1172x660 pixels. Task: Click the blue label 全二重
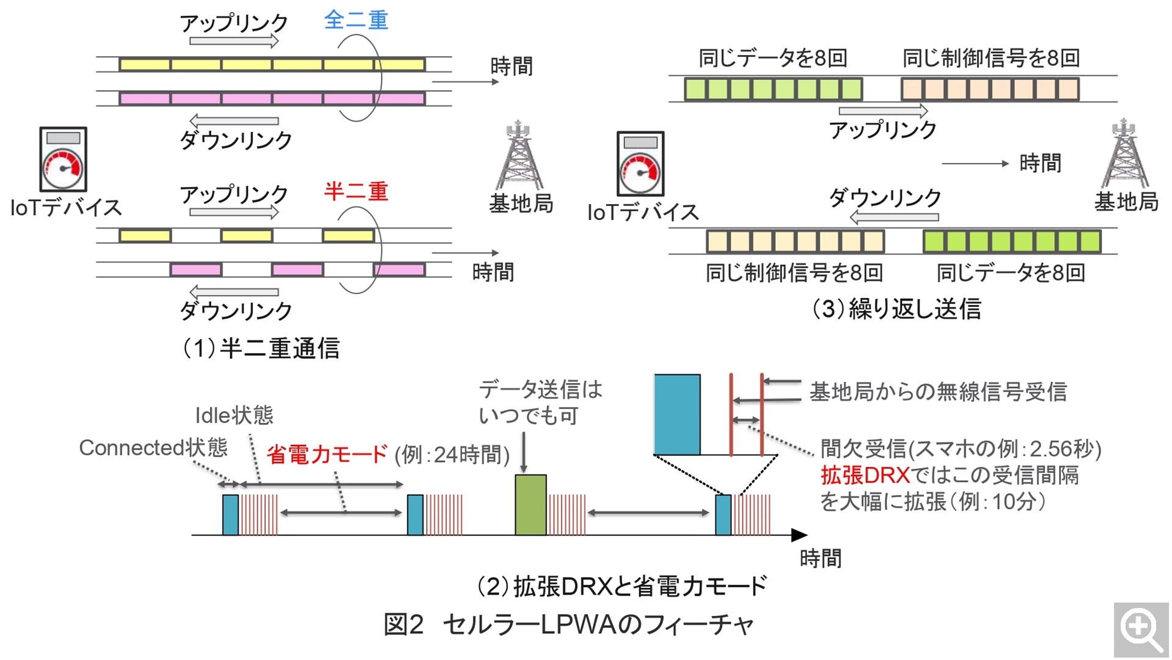point(356,20)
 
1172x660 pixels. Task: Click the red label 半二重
point(356,191)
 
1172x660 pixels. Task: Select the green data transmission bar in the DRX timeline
point(530,505)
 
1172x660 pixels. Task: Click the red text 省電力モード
point(327,455)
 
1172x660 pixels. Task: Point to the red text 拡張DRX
point(865,475)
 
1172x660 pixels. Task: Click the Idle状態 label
point(234,416)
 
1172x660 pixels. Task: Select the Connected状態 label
point(153,448)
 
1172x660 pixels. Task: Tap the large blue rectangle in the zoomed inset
point(677,414)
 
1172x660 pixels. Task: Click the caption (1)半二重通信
point(261,348)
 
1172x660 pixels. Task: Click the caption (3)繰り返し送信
point(896,309)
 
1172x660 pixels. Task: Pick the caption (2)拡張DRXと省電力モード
point(621,587)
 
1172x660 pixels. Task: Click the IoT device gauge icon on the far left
point(63,159)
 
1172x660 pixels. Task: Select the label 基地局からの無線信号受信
point(938,392)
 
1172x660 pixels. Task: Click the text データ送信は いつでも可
point(540,402)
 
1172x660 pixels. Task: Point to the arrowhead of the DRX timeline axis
point(800,535)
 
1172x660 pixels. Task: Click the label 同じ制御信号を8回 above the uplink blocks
point(991,58)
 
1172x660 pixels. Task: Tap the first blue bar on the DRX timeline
point(230,515)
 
